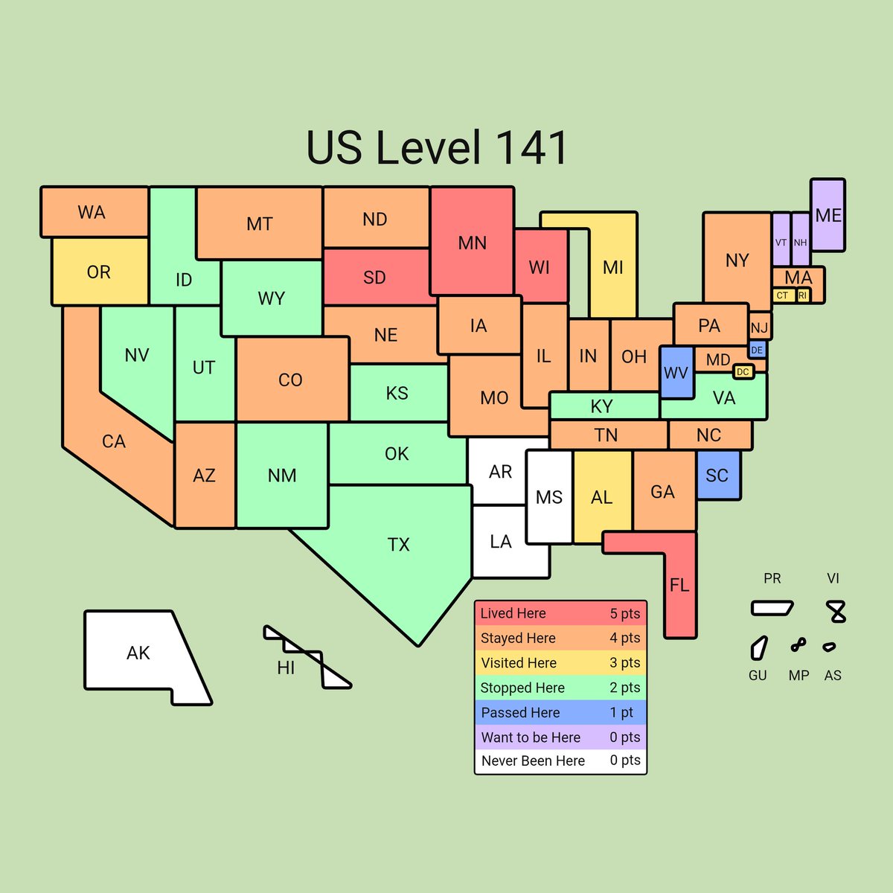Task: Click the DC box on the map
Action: coord(743,371)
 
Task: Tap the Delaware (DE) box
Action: coord(757,350)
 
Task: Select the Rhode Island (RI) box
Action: coord(802,295)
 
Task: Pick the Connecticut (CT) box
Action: coord(782,295)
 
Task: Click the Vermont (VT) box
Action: coord(781,240)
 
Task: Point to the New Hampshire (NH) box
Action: coord(800,240)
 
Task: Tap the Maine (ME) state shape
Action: coord(828,215)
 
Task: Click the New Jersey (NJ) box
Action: coord(759,327)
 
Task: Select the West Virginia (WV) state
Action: coord(676,372)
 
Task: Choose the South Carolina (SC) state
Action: coord(717,475)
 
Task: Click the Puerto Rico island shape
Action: coord(772,608)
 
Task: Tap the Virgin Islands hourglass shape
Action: coord(837,612)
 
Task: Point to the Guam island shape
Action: coord(758,647)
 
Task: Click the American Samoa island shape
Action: coord(829,647)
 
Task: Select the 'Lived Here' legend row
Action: coord(560,613)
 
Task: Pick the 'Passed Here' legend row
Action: coord(560,712)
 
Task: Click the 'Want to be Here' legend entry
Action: coord(560,737)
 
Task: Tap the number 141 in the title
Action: coord(531,147)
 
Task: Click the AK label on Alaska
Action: coord(138,653)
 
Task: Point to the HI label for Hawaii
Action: coord(286,668)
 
